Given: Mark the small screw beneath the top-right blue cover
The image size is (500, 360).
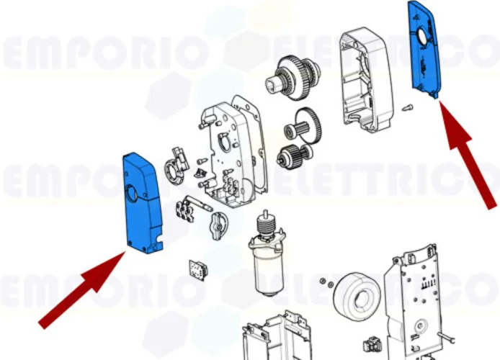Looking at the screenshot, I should pos(407,108).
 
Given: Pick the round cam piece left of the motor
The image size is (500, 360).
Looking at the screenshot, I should pos(215,228).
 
